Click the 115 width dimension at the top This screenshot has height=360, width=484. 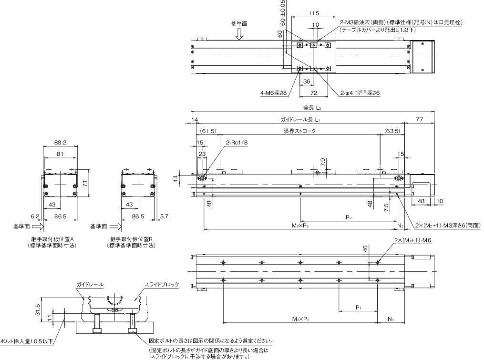click(314, 13)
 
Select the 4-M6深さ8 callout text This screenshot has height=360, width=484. click(274, 93)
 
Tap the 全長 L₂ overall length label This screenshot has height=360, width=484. click(312, 109)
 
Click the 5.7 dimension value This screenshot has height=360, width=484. click(164, 216)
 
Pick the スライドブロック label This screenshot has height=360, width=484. click(162, 285)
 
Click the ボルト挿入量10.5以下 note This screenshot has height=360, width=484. click(26, 341)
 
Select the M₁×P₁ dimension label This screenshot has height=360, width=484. click(300, 319)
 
